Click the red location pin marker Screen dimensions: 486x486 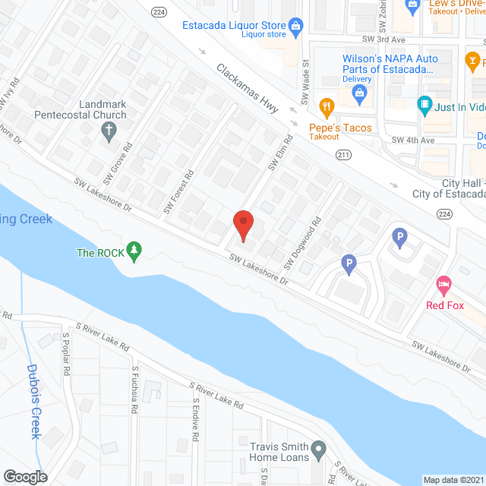click(x=242, y=225)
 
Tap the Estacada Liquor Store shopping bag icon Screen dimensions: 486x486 click(x=296, y=25)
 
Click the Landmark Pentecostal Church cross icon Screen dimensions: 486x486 click(x=108, y=131)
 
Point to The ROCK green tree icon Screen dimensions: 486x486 click(x=134, y=251)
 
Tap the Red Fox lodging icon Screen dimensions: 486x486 click(x=444, y=286)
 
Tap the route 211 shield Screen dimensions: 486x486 click(x=343, y=154)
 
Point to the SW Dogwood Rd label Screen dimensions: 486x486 click(x=303, y=244)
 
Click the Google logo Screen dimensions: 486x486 click(x=26, y=476)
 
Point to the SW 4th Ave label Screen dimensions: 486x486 click(x=412, y=140)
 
